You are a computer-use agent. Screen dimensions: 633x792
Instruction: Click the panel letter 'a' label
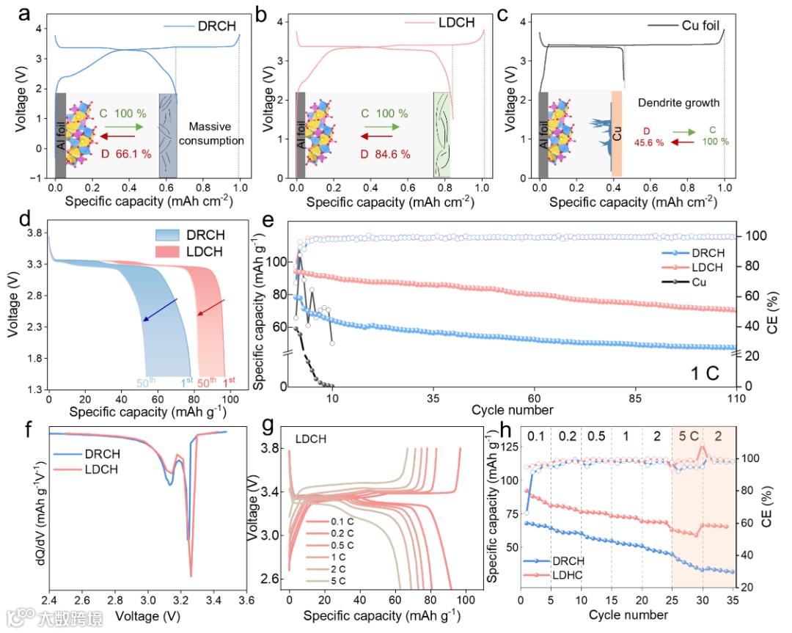(x=14, y=12)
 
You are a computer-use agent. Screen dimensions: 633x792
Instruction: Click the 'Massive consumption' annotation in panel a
(x=215, y=133)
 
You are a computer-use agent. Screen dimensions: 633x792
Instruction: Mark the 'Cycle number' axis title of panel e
(x=512, y=409)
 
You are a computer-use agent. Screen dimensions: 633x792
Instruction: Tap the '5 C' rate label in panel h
(x=688, y=436)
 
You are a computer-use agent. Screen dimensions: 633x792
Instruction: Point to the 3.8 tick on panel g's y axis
(x=272, y=448)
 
